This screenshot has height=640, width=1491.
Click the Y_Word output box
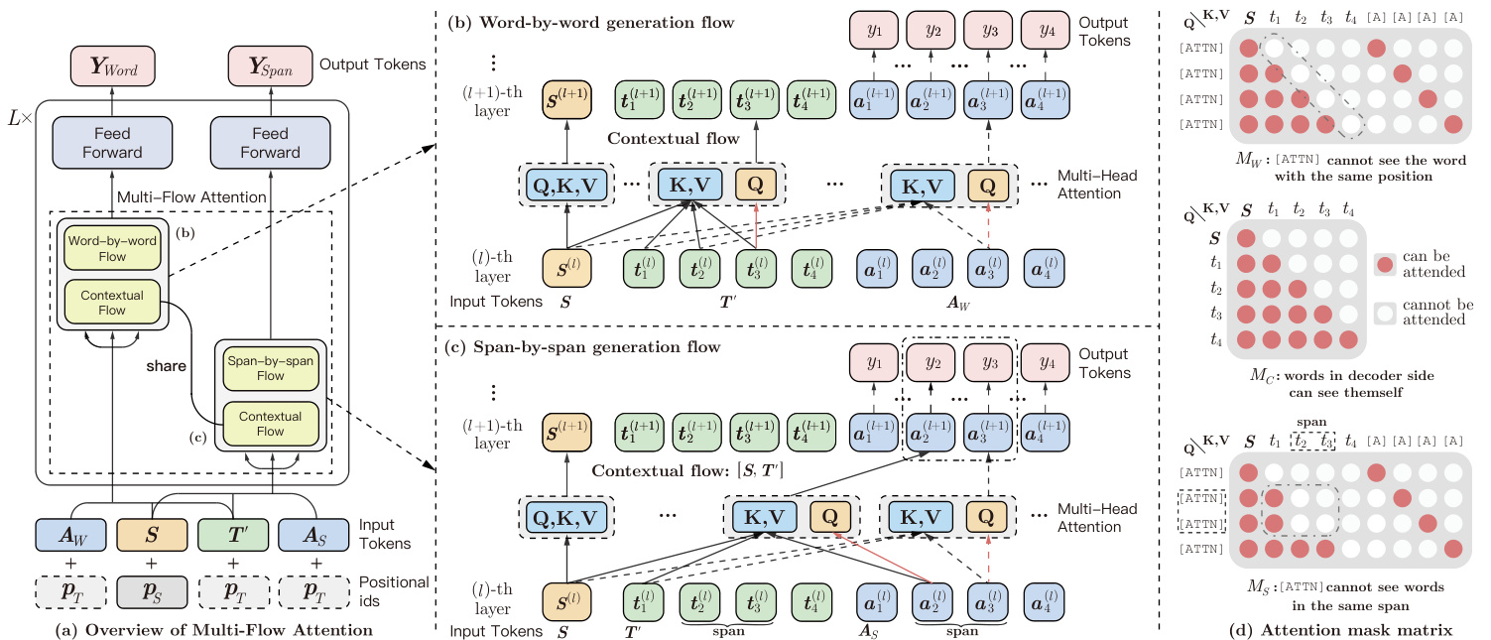pyautogui.click(x=110, y=66)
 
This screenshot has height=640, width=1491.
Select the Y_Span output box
pyautogui.click(x=268, y=66)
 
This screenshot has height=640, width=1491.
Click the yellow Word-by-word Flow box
pyautogui.click(x=110, y=248)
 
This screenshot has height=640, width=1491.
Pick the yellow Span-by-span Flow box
pyautogui.click(x=270, y=369)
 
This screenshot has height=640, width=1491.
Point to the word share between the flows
pyautogui.click(x=166, y=366)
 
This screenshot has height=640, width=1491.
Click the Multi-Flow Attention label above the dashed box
pyautogui.click(x=191, y=197)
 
